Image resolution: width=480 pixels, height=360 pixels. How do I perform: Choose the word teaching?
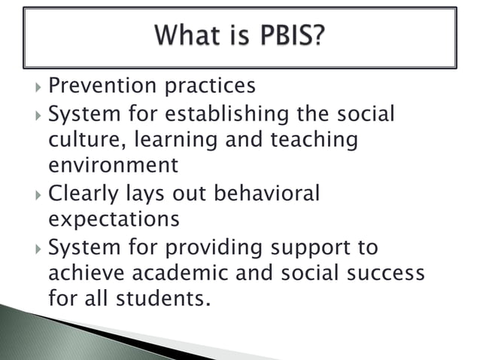pyautogui.click(x=311, y=140)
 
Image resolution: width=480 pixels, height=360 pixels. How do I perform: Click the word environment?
pyautogui.click(x=113, y=165)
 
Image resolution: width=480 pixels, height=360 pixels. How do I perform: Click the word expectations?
pyautogui.click(x=114, y=220)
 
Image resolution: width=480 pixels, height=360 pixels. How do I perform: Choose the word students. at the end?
pyautogui.click(x=159, y=298)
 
